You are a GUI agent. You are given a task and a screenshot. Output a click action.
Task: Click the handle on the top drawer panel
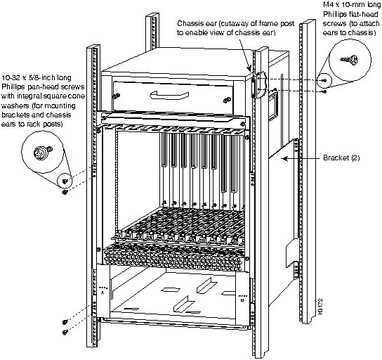click(169, 95)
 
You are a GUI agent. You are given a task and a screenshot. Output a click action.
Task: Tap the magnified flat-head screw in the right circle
click(350, 60)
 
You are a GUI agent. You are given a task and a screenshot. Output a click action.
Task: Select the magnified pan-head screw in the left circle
click(43, 153)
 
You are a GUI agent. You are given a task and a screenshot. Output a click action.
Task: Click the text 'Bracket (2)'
click(341, 157)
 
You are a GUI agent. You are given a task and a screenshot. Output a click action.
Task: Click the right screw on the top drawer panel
click(227, 100)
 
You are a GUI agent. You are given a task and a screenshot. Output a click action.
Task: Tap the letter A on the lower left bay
click(103, 292)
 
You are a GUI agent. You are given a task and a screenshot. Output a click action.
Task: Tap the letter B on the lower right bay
click(242, 300)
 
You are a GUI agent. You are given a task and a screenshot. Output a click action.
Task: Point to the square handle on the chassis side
click(274, 103)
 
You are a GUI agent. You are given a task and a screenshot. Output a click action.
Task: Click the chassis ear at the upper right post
click(259, 84)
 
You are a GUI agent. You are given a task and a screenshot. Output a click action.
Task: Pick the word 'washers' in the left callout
click(14, 105)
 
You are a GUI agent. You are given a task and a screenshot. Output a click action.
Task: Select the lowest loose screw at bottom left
click(65, 332)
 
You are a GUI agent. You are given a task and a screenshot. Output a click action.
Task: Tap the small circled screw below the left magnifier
click(65, 181)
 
